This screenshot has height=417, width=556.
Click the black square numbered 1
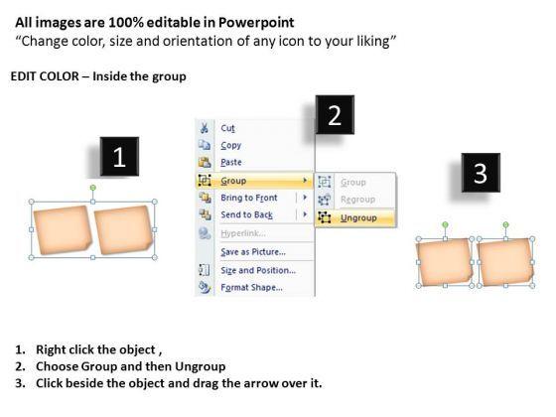[119, 157]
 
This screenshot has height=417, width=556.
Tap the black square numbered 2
[335, 114]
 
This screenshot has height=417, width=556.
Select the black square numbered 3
[481, 173]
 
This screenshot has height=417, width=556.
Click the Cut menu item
[227, 128]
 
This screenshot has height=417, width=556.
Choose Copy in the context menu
[230, 145]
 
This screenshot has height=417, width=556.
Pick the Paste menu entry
[231, 162]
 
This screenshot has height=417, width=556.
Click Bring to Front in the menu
[249, 198]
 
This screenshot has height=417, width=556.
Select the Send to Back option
[247, 214]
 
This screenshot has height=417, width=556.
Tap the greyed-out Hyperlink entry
[243, 233]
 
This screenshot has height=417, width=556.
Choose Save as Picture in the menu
[253, 252]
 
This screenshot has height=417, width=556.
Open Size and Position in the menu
[258, 270]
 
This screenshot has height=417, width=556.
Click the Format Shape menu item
[252, 287]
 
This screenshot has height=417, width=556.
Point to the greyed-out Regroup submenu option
[357, 200]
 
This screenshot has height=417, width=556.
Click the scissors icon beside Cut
[205, 128]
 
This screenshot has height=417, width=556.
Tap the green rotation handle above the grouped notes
[93, 188]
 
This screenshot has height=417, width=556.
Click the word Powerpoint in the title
[256, 22]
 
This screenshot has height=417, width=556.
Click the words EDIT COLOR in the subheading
[45, 76]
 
